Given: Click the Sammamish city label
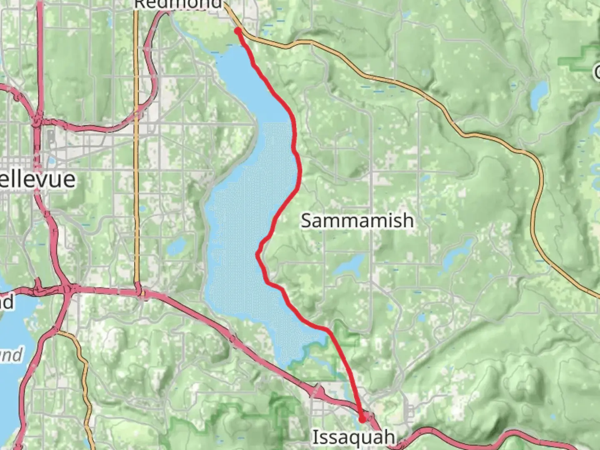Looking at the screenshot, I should pos(357,220).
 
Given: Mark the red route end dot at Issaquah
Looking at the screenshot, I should pos(362,419).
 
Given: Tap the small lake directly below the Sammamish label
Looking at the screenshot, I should pos(349,265).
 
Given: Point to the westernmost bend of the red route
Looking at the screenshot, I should pos(258,253).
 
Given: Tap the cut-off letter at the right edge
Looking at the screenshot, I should pos(596,71).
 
